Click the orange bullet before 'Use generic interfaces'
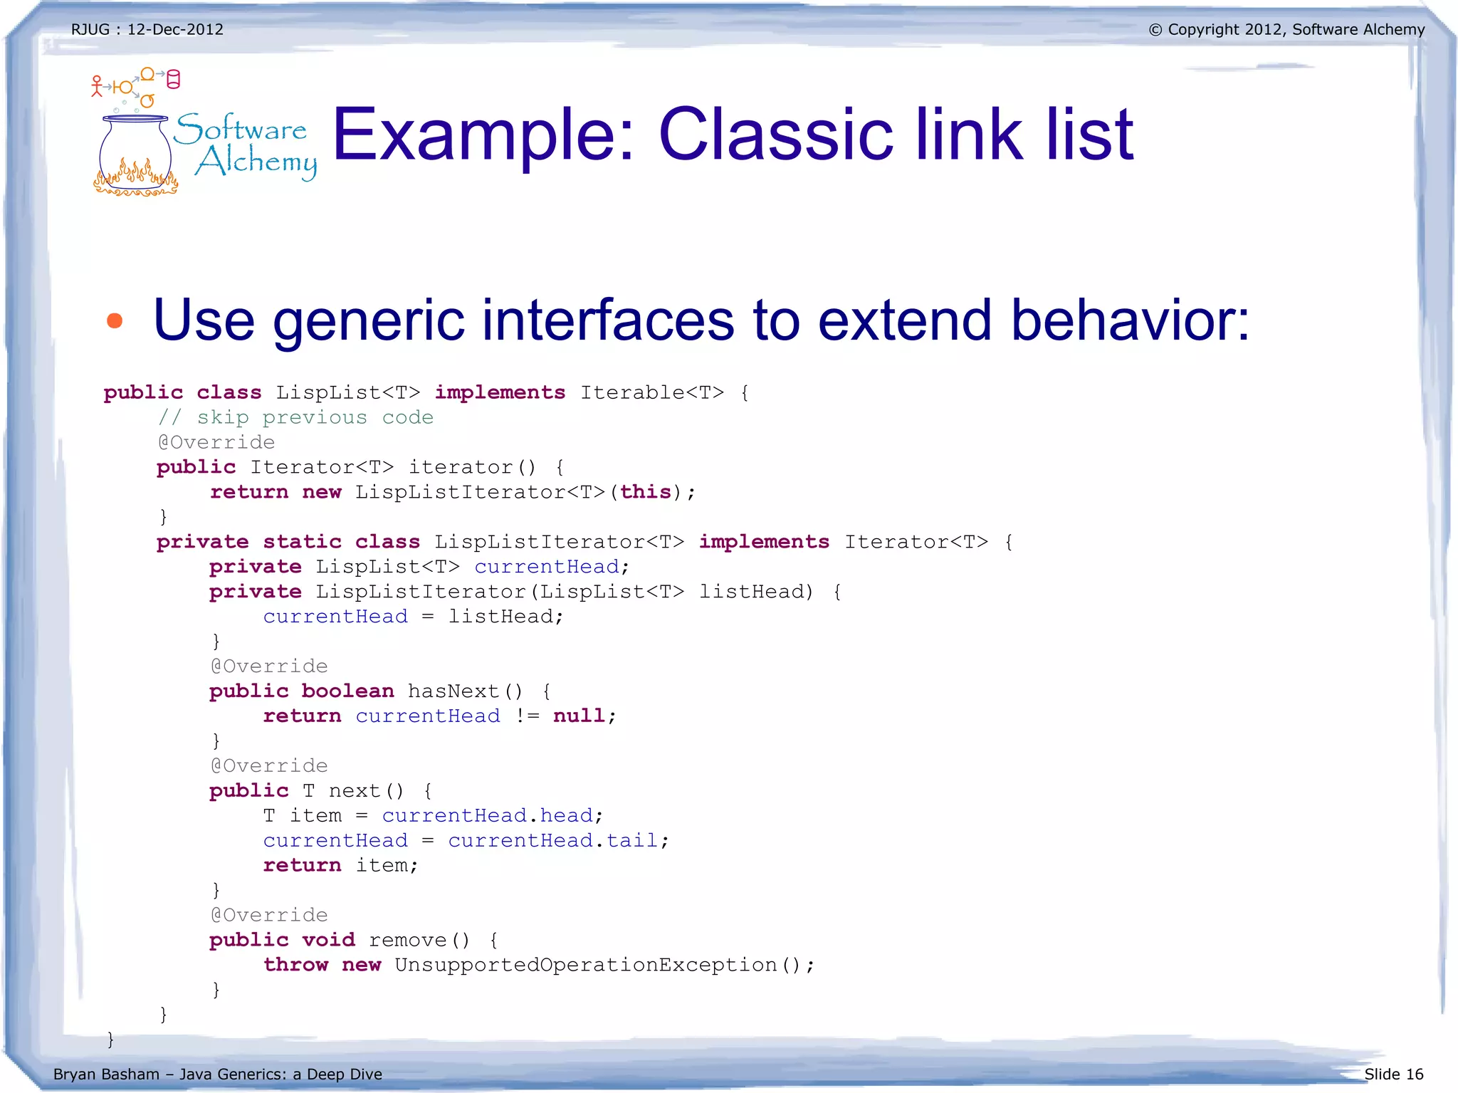tap(115, 321)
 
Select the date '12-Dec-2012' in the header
tap(175, 30)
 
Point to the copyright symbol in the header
tap(1155, 30)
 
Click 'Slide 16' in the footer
tap(1393, 1074)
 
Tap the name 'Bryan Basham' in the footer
tap(106, 1074)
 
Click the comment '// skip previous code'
tap(295, 417)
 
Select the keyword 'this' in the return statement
tap(646, 492)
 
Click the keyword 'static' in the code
tap(303, 542)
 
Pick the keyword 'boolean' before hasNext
tap(347, 691)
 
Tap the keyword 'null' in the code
tap(579, 716)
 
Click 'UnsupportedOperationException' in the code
tap(585, 965)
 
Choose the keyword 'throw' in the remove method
tap(295, 965)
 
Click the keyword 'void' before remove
tap(328, 940)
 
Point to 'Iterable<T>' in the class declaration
tap(651, 392)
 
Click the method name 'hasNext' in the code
tap(453, 691)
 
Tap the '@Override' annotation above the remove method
tap(269, 915)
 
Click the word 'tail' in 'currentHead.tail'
tap(631, 841)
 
